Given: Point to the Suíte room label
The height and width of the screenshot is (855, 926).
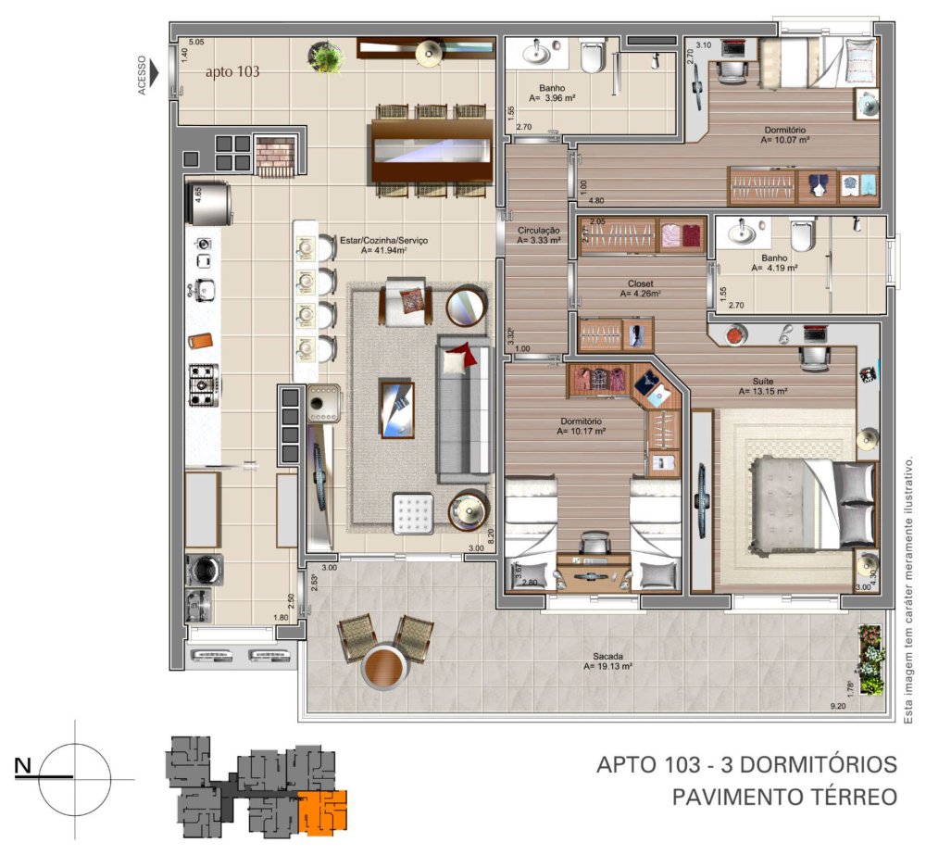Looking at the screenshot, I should [x=763, y=382].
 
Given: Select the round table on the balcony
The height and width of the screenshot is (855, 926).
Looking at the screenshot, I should [x=382, y=666].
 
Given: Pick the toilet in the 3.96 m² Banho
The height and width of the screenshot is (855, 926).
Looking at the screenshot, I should [x=593, y=57].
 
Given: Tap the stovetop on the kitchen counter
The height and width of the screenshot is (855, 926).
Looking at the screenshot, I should [x=203, y=384].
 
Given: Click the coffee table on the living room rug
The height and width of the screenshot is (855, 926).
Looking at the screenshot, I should [x=397, y=408].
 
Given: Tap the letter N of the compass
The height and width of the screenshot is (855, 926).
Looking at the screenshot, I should [x=25, y=765].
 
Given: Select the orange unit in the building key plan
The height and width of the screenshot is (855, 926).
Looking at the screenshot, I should [x=321, y=809].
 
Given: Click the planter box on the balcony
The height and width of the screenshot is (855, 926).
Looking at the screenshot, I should [x=870, y=660].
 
